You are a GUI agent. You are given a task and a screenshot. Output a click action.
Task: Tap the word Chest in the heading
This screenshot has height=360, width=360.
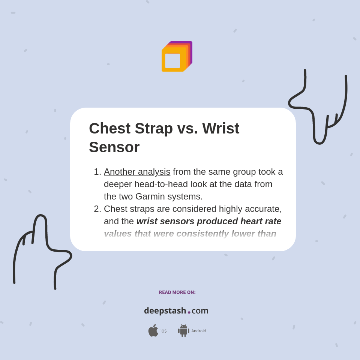pos(109,128)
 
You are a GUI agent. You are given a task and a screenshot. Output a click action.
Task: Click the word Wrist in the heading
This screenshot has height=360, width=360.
pos(220,128)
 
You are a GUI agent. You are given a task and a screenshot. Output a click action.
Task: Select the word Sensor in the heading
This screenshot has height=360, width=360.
pos(114,147)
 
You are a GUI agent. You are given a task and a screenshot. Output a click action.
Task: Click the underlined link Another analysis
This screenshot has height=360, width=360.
pos(137,172)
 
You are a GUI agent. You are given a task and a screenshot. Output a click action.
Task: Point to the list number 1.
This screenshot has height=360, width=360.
pos(97,172)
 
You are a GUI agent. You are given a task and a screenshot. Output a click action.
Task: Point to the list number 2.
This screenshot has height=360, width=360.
pos(97,209)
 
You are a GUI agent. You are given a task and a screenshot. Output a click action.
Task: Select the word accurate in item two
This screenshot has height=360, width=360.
pos(264,209)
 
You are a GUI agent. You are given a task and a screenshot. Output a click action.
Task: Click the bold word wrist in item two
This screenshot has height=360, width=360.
pos(147,221)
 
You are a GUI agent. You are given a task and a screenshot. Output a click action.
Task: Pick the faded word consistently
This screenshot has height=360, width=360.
pos(202,234)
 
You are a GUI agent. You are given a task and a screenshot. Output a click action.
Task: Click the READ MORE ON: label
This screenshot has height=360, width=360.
pos(177,292)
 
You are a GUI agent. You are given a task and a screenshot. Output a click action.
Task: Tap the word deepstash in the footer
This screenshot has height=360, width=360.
pos(165,310)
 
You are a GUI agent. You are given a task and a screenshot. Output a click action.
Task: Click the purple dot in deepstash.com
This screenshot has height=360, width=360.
pos(189,312)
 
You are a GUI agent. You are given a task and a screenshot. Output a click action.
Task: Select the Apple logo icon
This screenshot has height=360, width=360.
pos(153,331)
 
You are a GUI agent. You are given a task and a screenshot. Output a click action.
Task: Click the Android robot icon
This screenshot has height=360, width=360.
pos(183,331)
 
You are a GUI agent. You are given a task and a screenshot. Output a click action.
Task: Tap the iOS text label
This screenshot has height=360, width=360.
pos(163,331)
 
